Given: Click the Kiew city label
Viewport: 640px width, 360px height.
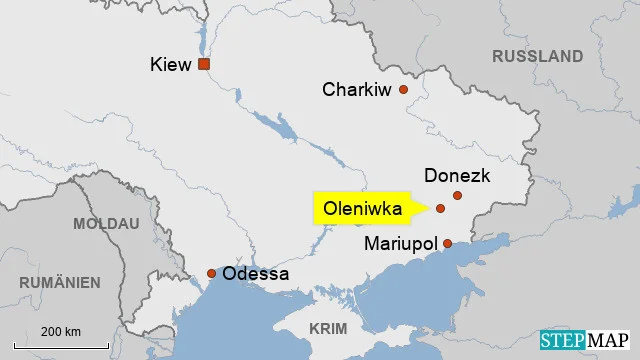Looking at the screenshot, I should [170, 65].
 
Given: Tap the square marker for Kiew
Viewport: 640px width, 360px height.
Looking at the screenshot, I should [204, 64].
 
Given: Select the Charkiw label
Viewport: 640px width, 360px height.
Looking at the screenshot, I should [357, 90].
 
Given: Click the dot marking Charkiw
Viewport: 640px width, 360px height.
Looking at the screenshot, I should [404, 90].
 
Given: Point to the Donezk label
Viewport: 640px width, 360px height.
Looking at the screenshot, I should [457, 175].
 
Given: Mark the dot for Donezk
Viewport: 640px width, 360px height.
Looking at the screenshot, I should [457, 195].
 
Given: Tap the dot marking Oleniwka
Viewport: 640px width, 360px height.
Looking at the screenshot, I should [440, 209].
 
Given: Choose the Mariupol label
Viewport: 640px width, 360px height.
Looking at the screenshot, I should [400, 243].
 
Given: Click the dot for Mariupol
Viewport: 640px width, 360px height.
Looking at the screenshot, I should [447, 243].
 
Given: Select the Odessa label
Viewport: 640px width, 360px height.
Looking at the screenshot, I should [256, 274].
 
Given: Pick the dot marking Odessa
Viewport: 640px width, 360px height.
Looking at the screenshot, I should [211, 274].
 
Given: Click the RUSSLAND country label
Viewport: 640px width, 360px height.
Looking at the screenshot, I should [537, 56].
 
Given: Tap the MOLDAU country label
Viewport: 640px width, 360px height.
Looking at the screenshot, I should [106, 223].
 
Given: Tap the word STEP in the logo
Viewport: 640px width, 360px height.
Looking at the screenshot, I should [565, 342].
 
